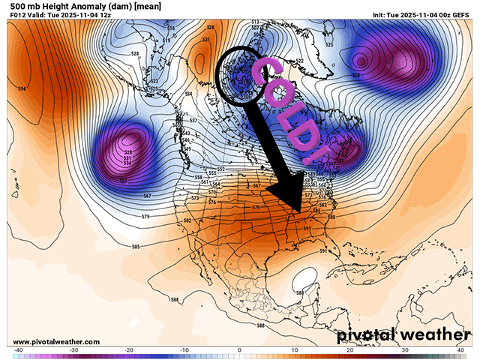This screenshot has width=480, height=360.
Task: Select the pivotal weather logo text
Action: click(401, 334)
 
